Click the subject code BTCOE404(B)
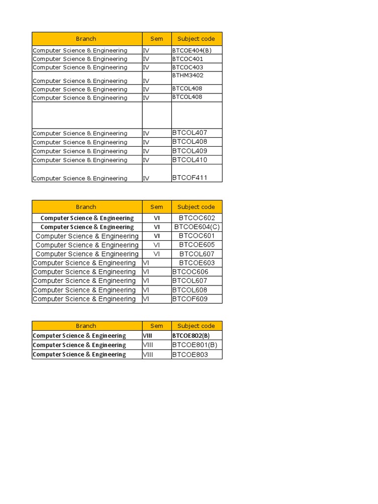(x=192, y=50)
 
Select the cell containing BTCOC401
(x=188, y=59)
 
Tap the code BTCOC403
(x=188, y=67)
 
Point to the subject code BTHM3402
(x=188, y=76)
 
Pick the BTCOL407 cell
(x=189, y=133)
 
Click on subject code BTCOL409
(x=189, y=151)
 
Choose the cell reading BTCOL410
(x=189, y=160)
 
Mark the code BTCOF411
(x=189, y=178)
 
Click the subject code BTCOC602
(x=197, y=218)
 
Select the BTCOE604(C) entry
(x=197, y=227)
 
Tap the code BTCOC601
(x=197, y=236)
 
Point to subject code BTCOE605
(x=197, y=245)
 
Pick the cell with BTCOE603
(x=197, y=263)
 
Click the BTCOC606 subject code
(x=190, y=272)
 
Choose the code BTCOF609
(x=190, y=299)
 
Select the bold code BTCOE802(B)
(x=194, y=336)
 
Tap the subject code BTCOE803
(x=190, y=354)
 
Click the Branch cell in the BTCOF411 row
(x=80, y=178)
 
